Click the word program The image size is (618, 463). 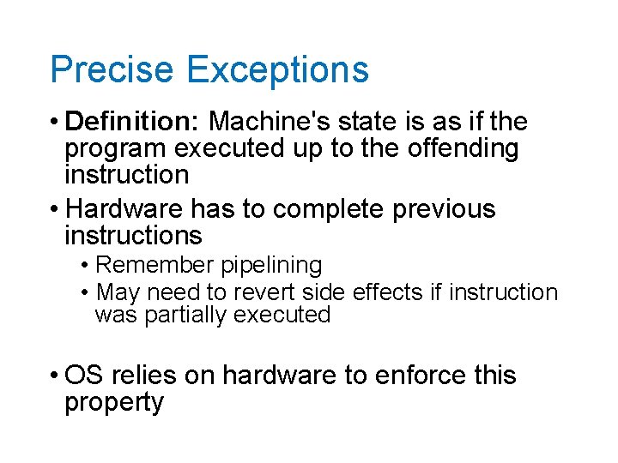click(116, 149)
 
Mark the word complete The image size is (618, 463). click(293, 209)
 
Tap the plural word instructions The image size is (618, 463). click(133, 235)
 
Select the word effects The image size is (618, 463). click(388, 292)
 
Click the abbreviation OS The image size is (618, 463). click(83, 376)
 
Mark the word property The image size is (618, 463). click(113, 403)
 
